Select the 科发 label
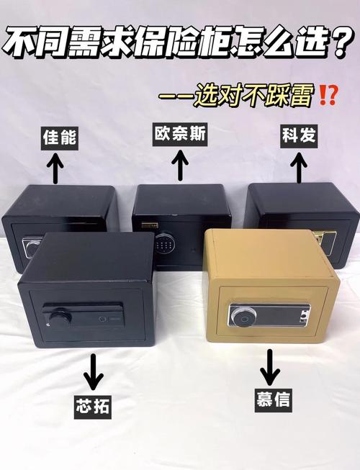click(x=299, y=135)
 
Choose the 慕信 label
click(x=272, y=398)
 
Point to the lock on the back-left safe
click(x=30, y=247)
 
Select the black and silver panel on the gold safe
click(x=270, y=315)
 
